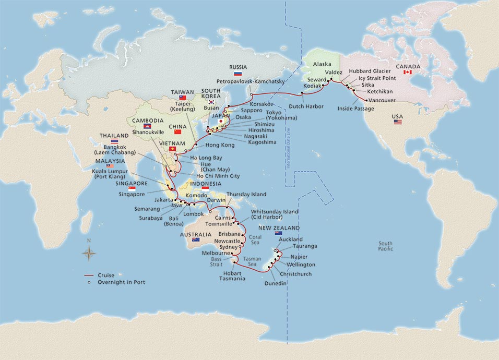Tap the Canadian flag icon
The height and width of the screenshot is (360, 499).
(x=408, y=72)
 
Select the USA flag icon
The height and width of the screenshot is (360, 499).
(x=398, y=122)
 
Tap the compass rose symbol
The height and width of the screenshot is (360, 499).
(x=89, y=253)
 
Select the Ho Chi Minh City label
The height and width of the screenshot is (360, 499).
(x=218, y=176)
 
